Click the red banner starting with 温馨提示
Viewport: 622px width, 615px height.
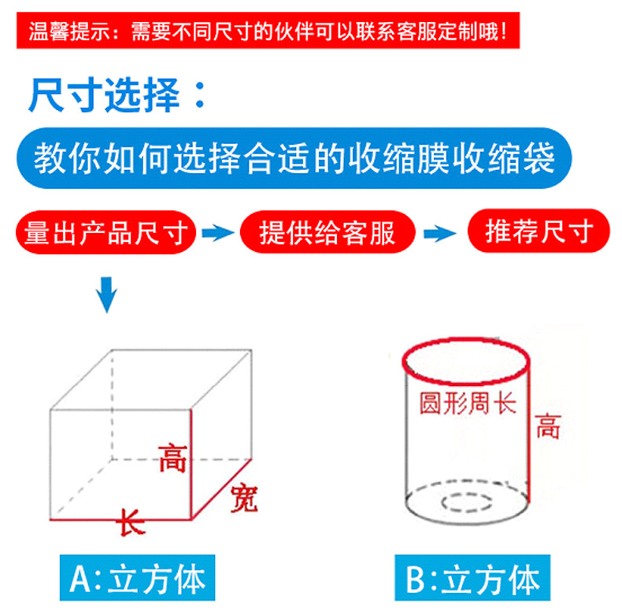point(268,31)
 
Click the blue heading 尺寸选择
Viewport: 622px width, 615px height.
point(118,95)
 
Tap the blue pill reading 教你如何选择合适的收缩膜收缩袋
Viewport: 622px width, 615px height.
point(294,158)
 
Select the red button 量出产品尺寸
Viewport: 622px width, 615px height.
point(106,232)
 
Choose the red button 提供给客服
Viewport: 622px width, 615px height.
point(328,232)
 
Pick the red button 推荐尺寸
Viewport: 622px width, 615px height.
point(539,231)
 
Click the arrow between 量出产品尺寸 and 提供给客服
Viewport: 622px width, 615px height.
point(218,232)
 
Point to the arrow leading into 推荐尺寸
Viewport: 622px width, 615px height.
point(439,233)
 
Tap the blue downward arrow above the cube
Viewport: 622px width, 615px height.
point(107,295)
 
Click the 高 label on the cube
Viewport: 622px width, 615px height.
point(172,458)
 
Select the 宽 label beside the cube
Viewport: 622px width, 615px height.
point(244,498)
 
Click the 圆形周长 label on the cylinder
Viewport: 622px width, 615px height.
point(468,403)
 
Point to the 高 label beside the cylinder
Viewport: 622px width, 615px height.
point(548,426)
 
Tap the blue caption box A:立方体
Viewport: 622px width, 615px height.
point(137,578)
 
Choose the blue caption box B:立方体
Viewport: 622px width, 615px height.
point(472,578)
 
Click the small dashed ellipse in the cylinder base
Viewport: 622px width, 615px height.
point(466,502)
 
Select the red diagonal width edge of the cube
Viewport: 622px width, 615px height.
point(222,489)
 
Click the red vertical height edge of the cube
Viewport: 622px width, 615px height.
point(191,465)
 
